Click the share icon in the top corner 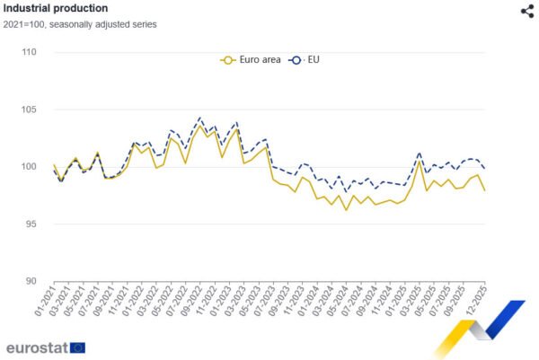[x=526, y=11]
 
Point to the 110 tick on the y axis [x=29, y=52]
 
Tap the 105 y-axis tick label [x=29, y=110]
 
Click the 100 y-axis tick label [x=29, y=167]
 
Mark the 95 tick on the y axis [x=31, y=224]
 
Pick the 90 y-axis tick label [x=31, y=281]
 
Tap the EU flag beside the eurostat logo [x=78, y=347]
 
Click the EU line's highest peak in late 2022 [x=199, y=118]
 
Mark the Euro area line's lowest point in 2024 [x=346, y=210]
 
